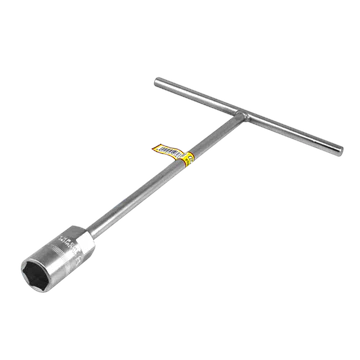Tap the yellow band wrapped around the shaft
(187, 156)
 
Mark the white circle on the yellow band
(188, 156)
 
